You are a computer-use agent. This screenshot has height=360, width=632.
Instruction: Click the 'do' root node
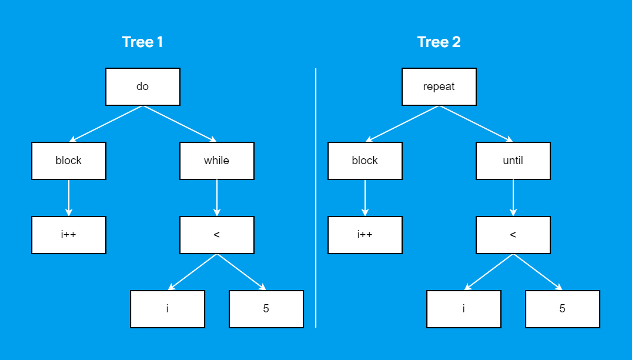tap(143, 86)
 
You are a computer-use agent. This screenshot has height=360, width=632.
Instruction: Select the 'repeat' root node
tap(439, 86)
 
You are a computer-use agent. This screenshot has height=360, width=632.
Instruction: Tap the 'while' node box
tap(217, 161)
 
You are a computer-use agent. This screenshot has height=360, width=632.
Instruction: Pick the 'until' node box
tap(513, 161)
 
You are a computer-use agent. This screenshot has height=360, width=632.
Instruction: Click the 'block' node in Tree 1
tap(69, 161)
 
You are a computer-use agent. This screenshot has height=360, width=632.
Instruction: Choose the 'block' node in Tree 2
tap(365, 161)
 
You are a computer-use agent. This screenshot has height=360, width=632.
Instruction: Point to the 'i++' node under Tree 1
tap(69, 235)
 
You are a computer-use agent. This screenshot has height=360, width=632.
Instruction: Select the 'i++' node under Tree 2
tap(365, 235)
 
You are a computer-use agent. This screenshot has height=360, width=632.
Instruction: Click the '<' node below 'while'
tap(217, 235)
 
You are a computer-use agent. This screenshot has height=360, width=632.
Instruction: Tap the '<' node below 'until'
tap(513, 235)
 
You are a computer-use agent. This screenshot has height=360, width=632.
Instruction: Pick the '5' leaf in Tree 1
tap(266, 309)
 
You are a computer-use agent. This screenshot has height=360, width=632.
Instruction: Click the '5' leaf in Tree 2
tap(563, 309)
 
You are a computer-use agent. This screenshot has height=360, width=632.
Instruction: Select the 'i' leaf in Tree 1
tap(168, 309)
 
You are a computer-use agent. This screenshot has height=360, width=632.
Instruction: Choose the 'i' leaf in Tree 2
tap(464, 309)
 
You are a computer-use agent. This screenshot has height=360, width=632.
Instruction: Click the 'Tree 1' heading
tap(143, 42)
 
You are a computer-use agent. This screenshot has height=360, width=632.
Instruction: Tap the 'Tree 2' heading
tap(439, 42)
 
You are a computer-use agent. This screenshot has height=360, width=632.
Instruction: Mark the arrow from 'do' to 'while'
tap(180, 124)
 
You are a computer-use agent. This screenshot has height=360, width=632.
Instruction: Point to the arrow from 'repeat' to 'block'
tap(402, 124)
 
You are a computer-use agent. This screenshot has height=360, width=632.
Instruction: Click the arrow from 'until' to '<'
tap(513, 198)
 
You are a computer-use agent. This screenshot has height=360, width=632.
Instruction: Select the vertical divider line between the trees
tap(316, 198)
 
